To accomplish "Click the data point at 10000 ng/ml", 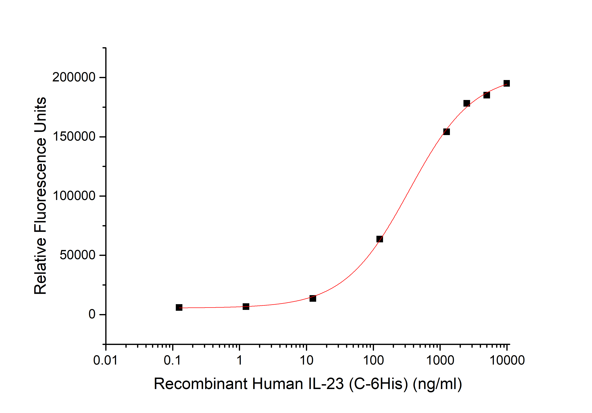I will [x=506, y=83].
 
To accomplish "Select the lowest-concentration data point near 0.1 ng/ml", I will [x=179, y=307].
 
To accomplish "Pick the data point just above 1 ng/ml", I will [x=246, y=306].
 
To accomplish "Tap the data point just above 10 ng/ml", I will [x=313, y=298].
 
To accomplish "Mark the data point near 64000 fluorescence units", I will [x=380, y=239].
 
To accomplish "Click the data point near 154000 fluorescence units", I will [x=446, y=132].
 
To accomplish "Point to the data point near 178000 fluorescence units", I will [x=466, y=103].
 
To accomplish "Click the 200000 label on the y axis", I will [x=74, y=77].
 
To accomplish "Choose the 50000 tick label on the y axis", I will [x=77, y=255].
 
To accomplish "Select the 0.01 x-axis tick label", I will [x=105, y=360].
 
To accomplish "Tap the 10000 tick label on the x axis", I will [x=507, y=360].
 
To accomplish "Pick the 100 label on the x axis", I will [x=373, y=360].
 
